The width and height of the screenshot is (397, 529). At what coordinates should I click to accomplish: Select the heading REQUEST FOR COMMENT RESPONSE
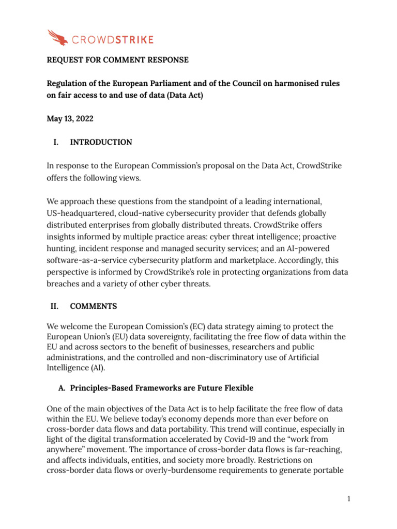tap(118, 60)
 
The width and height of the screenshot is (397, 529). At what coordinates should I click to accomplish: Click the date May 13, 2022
tap(70, 119)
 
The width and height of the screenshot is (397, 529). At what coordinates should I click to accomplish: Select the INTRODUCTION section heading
tap(101, 142)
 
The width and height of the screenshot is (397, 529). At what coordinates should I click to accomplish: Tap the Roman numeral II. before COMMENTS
tap(53, 306)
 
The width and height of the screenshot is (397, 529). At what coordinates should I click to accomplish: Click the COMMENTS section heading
tap(94, 306)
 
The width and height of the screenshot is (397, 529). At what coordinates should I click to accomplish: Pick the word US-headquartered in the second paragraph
tap(81, 213)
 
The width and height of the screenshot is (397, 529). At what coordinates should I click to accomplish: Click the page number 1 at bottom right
tap(349, 499)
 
